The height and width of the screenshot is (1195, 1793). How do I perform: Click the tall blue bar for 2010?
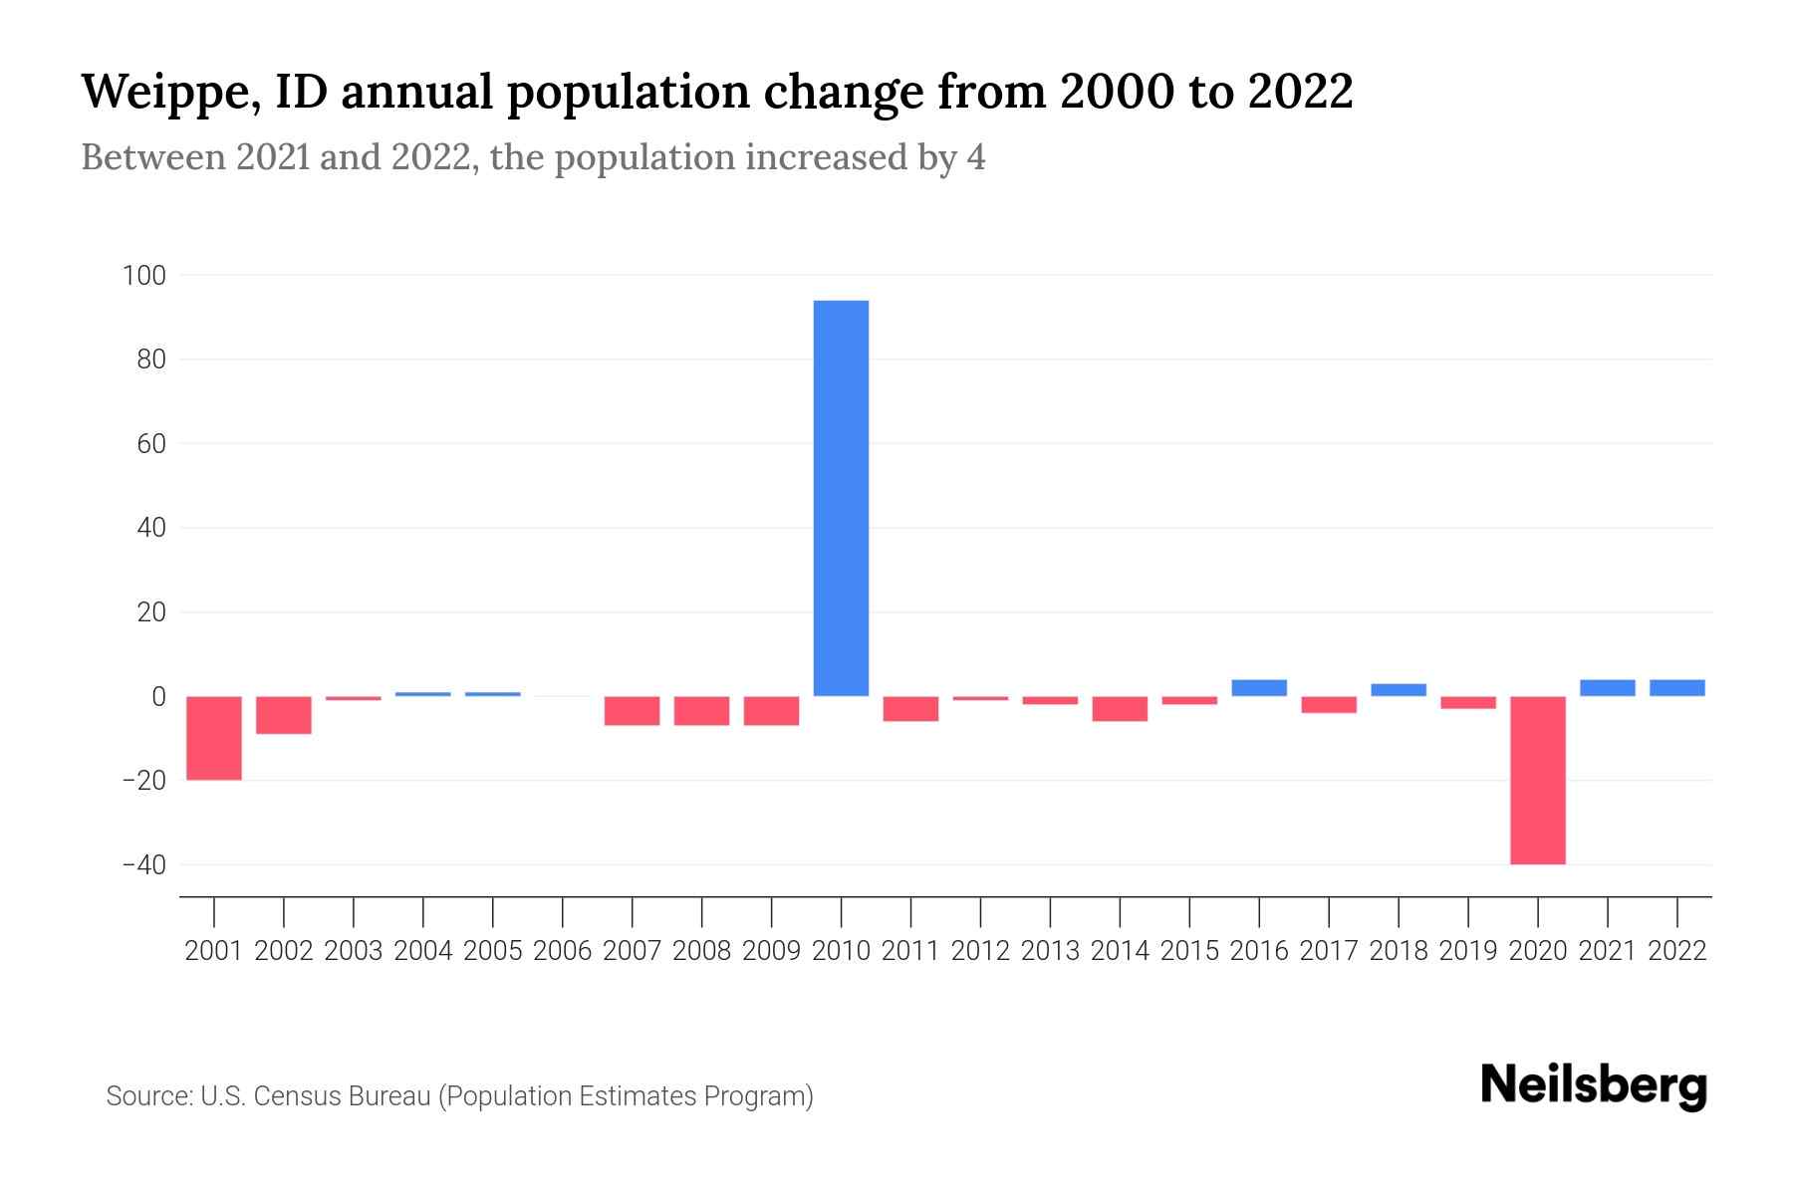(841, 498)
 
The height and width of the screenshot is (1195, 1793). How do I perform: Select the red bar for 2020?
(1537, 780)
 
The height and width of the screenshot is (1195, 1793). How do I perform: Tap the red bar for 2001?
(214, 738)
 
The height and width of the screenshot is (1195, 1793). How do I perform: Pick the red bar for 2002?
(284, 715)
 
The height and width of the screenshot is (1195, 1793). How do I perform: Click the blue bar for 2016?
(1259, 688)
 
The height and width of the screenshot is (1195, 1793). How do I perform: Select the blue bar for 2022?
(1676, 688)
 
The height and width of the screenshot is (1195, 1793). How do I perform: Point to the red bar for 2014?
(1120, 708)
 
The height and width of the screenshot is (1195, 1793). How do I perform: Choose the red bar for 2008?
(701, 710)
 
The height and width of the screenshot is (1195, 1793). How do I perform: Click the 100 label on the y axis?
(143, 275)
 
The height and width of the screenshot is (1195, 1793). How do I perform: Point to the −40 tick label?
(143, 864)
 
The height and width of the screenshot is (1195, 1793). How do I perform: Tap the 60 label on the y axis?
(150, 443)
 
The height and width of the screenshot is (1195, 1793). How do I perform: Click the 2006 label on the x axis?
(563, 951)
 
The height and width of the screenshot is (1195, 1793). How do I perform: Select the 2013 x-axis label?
(1050, 951)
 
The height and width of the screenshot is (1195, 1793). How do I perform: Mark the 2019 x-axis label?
(1467, 951)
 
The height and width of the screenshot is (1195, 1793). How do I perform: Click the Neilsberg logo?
(1594, 1085)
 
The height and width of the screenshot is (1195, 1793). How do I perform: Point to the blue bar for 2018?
(1398, 690)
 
